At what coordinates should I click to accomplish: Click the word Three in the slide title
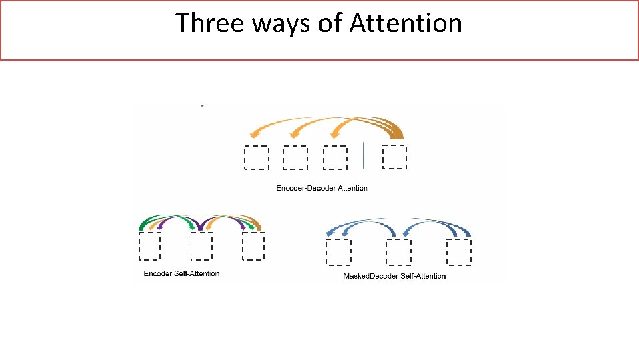coord(205,23)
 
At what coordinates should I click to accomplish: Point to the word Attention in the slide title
coord(406,23)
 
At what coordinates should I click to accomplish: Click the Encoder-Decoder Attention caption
coord(322,188)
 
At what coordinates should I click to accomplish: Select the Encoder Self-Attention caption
coord(181,273)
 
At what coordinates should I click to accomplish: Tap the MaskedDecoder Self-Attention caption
coord(394,275)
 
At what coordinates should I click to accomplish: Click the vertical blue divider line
coord(364,155)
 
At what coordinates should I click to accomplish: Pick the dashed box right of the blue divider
coord(394,157)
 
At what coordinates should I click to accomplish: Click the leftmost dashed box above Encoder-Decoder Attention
coord(256,158)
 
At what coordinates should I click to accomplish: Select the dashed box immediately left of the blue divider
coord(335,158)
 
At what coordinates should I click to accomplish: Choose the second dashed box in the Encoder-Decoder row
coord(295,158)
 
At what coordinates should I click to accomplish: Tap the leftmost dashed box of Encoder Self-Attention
coord(149,246)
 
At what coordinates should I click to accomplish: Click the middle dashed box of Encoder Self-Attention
coord(201,246)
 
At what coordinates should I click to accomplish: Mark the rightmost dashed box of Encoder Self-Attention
coord(253,246)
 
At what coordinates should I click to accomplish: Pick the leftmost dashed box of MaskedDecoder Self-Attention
coord(338,252)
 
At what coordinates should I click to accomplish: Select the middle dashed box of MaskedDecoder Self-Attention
coord(399,252)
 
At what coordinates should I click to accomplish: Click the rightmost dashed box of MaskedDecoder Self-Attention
coord(458,252)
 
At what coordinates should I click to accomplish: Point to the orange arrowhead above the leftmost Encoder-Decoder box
coord(252,134)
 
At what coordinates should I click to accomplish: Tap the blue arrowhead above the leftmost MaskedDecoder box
coord(329,232)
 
